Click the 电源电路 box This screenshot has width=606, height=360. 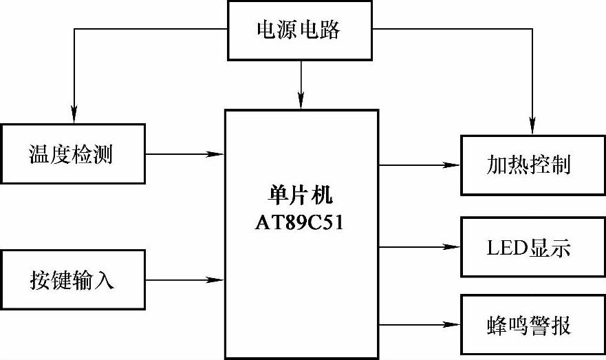coord(299,30)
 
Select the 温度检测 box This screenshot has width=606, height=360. coord(72,153)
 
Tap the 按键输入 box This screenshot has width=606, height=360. coord(72,280)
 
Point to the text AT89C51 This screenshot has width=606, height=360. coord(302,222)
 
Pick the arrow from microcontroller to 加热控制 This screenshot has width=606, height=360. coord(420,165)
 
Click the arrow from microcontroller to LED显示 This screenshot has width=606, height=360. coord(420,246)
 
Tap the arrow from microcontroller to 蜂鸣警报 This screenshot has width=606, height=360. coord(420,324)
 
